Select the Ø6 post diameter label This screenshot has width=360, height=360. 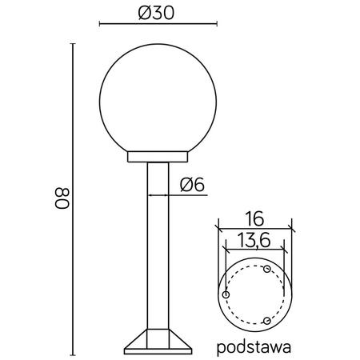tap(193, 185)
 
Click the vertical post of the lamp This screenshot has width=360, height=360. tap(157, 248)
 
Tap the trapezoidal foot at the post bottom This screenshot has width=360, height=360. tap(157, 343)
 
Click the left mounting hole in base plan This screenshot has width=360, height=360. tap(226, 295)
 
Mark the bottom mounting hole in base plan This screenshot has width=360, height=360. tap(267, 321)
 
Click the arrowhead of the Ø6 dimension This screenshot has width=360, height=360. tap(169, 194)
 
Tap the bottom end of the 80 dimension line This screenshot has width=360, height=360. tap(74, 353)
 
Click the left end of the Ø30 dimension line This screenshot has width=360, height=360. tap(99, 25)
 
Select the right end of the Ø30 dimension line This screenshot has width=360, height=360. tap(217, 25)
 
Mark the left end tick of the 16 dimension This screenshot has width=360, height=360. tap(217, 226)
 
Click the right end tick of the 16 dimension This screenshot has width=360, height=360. tap(292, 226)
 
